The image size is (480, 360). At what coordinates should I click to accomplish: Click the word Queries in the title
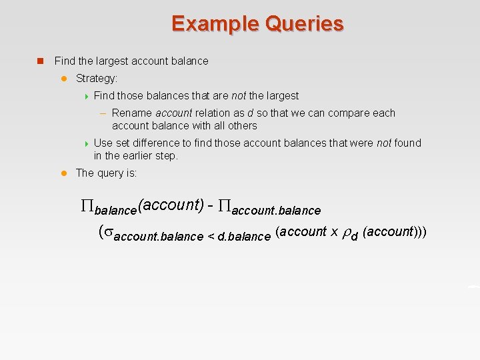(304, 24)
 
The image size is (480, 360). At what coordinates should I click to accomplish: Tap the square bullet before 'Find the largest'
(40, 61)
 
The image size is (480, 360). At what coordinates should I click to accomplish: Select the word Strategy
(96, 79)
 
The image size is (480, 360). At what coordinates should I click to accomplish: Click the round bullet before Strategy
(64, 79)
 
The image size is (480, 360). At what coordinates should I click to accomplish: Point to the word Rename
(132, 113)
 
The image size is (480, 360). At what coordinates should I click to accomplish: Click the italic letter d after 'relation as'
(250, 113)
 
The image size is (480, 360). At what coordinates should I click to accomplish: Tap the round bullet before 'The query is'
(64, 173)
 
